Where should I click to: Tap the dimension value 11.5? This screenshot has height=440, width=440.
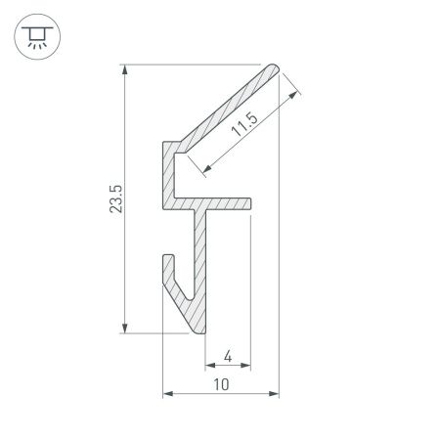(246, 126)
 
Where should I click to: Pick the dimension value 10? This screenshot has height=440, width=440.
(222, 384)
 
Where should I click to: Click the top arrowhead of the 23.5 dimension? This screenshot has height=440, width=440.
(124, 70)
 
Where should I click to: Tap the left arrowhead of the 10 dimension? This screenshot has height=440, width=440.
(167, 394)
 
